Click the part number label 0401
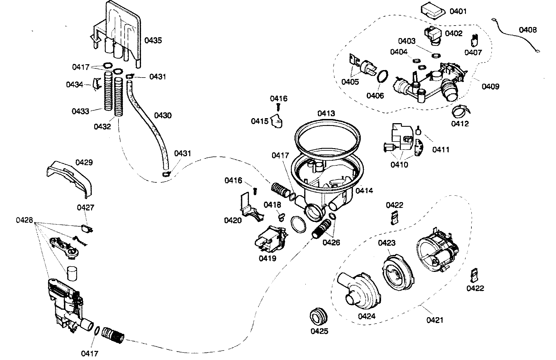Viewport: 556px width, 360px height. pyautogui.click(x=458, y=11)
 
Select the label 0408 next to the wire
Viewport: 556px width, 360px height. pyautogui.click(x=528, y=30)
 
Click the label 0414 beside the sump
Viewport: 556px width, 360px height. pyautogui.click(x=364, y=190)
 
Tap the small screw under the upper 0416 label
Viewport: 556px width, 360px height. pyautogui.click(x=278, y=106)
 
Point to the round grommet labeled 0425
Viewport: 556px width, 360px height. pyautogui.click(x=318, y=316)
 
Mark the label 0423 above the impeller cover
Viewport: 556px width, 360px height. pyautogui.click(x=386, y=243)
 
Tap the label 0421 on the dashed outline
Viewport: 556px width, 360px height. pyautogui.click(x=435, y=320)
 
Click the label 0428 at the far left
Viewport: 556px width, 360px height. pyautogui.click(x=24, y=220)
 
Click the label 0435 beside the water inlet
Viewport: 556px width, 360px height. pyautogui.click(x=153, y=41)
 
